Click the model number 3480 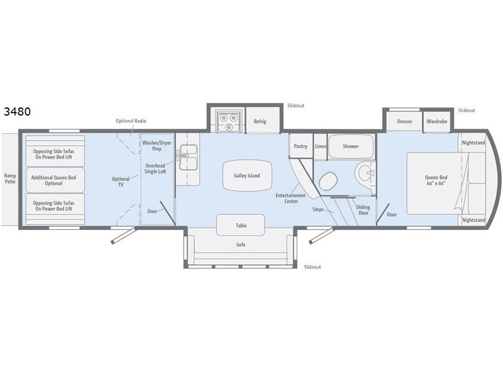(x=18, y=112)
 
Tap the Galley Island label (x=246, y=176)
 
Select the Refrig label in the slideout (x=260, y=121)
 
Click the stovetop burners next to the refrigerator (x=228, y=122)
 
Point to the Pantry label (x=301, y=146)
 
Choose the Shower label (x=351, y=146)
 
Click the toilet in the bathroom (x=328, y=180)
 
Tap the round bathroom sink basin (x=365, y=173)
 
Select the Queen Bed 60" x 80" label (x=436, y=180)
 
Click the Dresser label (x=404, y=121)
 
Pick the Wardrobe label (x=436, y=121)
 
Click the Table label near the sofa (x=241, y=226)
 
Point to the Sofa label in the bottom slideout (x=241, y=244)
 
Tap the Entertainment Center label (x=290, y=198)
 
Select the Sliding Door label (x=363, y=210)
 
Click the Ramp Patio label (x=10, y=178)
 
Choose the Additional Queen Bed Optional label (x=53, y=180)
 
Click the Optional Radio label (x=131, y=121)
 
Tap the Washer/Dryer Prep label (x=157, y=146)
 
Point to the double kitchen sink (x=188, y=157)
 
